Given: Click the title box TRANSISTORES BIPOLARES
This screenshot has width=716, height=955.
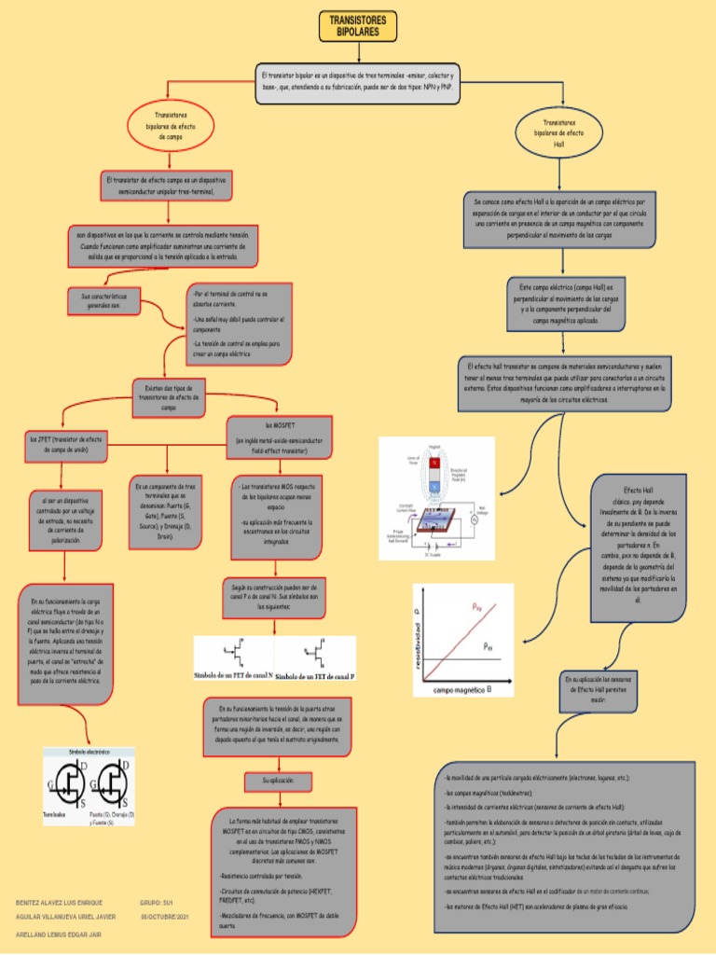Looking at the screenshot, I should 357,26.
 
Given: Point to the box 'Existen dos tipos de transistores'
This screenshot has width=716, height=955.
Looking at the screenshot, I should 169,396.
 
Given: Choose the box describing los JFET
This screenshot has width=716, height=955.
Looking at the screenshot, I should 67,444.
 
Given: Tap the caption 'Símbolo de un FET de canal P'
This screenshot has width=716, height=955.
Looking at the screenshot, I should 315,674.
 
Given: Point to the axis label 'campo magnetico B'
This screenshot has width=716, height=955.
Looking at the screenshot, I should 462,690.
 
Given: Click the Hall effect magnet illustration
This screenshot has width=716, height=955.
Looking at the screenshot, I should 435,500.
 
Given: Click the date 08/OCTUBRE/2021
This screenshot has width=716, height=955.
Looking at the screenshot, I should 166,917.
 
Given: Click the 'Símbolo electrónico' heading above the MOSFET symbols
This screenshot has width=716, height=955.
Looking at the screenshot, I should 89,751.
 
